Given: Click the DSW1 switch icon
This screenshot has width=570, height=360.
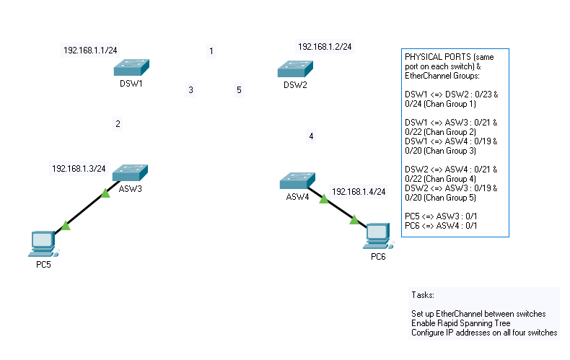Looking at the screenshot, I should [131, 68].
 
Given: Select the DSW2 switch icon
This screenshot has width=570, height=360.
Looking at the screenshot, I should [295, 69].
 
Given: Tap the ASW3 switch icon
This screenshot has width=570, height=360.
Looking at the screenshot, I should [130, 172].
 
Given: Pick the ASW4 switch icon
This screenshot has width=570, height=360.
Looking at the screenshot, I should [297, 180].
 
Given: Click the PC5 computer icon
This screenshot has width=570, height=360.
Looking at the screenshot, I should [43, 243].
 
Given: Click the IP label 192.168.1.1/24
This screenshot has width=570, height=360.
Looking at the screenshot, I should [91, 51].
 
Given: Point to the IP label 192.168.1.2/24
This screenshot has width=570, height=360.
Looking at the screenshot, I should [325, 47].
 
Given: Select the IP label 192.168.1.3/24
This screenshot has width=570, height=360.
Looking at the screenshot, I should [79, 168].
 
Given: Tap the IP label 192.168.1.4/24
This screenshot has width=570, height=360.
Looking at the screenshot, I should [359, 192].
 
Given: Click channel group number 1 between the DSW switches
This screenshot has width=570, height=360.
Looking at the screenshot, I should [211, 51].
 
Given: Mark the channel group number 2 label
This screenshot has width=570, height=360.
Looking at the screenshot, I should [118, 124].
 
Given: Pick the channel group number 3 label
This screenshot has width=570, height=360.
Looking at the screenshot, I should [190, 90].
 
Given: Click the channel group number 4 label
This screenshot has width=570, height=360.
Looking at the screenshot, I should [311, 136].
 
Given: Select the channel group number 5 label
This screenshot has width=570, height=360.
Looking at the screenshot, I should [239, 90].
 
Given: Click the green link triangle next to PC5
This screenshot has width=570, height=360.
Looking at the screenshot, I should [66, 226].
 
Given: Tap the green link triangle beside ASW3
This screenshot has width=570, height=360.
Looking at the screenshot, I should [105, 193].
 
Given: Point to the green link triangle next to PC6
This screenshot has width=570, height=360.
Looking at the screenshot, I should [354, 220].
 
